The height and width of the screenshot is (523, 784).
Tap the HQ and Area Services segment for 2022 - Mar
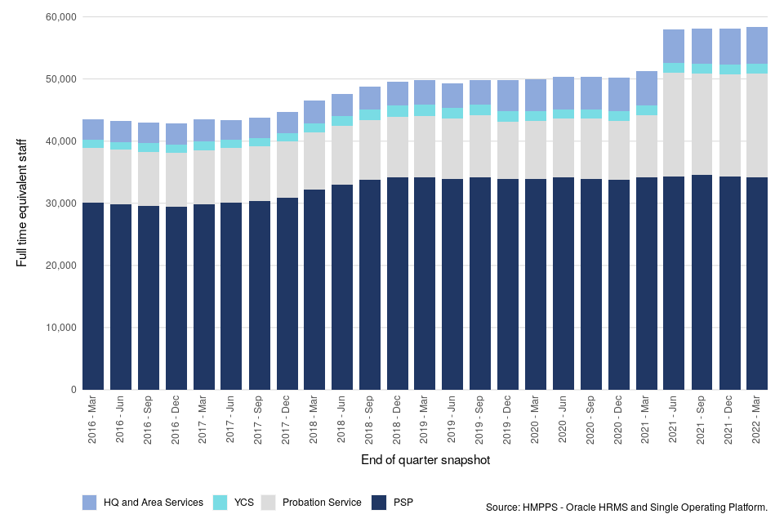(x=757, y=46)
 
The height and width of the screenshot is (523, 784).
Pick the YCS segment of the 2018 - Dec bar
(x=398, y=111)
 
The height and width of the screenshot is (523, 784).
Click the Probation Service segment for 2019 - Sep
(x=480, y=146)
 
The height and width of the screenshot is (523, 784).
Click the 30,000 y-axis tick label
(x=60, y=203)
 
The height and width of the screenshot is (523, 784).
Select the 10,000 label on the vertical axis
(x=60, y=328)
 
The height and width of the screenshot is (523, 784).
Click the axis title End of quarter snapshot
(x=425, y=461)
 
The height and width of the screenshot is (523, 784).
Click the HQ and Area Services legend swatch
(x=90, y=503)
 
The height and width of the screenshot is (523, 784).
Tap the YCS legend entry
(x=240, y=503)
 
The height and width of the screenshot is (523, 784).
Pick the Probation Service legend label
(x=321, y=503)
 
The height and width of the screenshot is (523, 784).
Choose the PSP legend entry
(x=403, y=503)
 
